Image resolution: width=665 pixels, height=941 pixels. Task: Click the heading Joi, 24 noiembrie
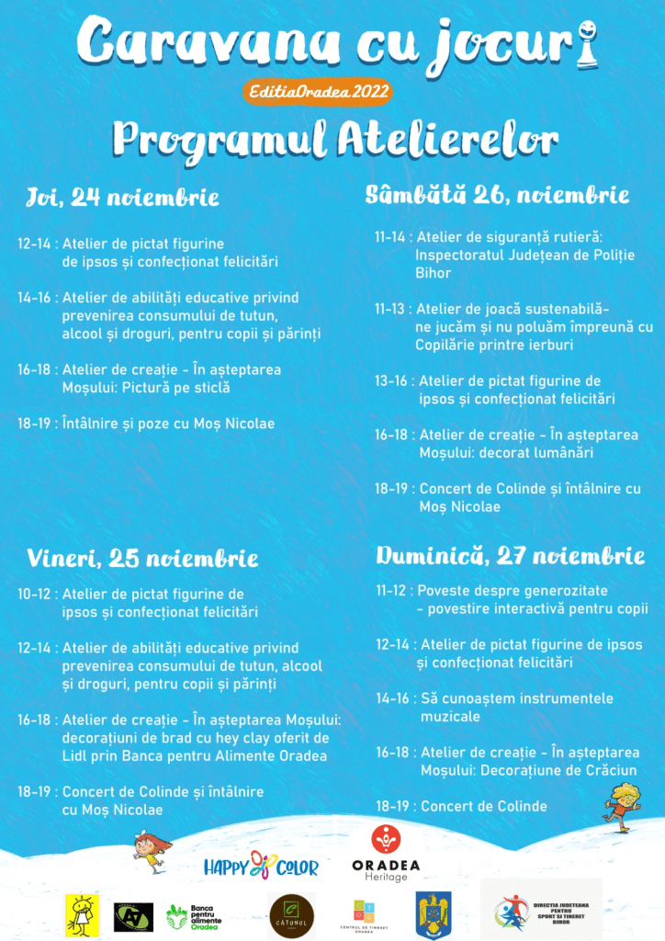pos(122,198)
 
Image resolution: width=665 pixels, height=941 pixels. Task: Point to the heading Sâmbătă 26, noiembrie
pos(497,195)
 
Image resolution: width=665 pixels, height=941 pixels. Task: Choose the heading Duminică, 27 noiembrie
pos(510,556)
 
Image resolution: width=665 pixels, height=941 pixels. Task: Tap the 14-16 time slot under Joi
pos(34,298)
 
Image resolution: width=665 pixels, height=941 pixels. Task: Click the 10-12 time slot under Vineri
pos(34,595)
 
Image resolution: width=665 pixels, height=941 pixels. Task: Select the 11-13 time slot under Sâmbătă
pos(390,309)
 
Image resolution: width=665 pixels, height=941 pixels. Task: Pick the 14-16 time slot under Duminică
pos(392,698)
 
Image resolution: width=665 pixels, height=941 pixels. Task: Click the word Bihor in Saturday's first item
pos(434,274)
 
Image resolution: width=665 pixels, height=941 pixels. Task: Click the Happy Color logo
pos(261,866)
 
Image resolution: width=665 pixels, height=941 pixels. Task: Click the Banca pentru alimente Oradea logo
pos(194,915)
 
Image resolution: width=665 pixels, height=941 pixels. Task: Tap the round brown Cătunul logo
pos(291,916)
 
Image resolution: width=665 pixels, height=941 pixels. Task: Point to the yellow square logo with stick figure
pos(80,914)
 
